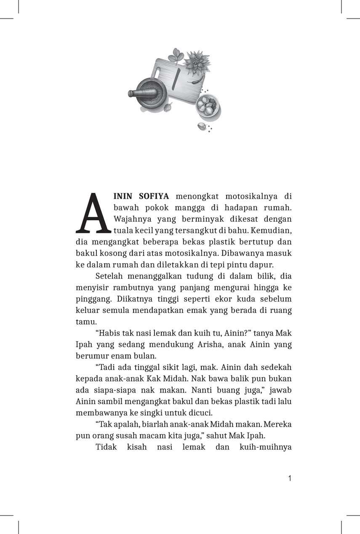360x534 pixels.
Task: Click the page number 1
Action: pyautogui.click(x=289, y=478)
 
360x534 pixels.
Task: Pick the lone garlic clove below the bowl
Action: pyautogui.click(x=203, y=126)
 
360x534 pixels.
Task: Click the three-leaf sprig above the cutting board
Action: pyautogui.click(x=175, y=56)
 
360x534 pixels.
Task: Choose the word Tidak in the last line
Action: pyautogui.click(x=106, y=447)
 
